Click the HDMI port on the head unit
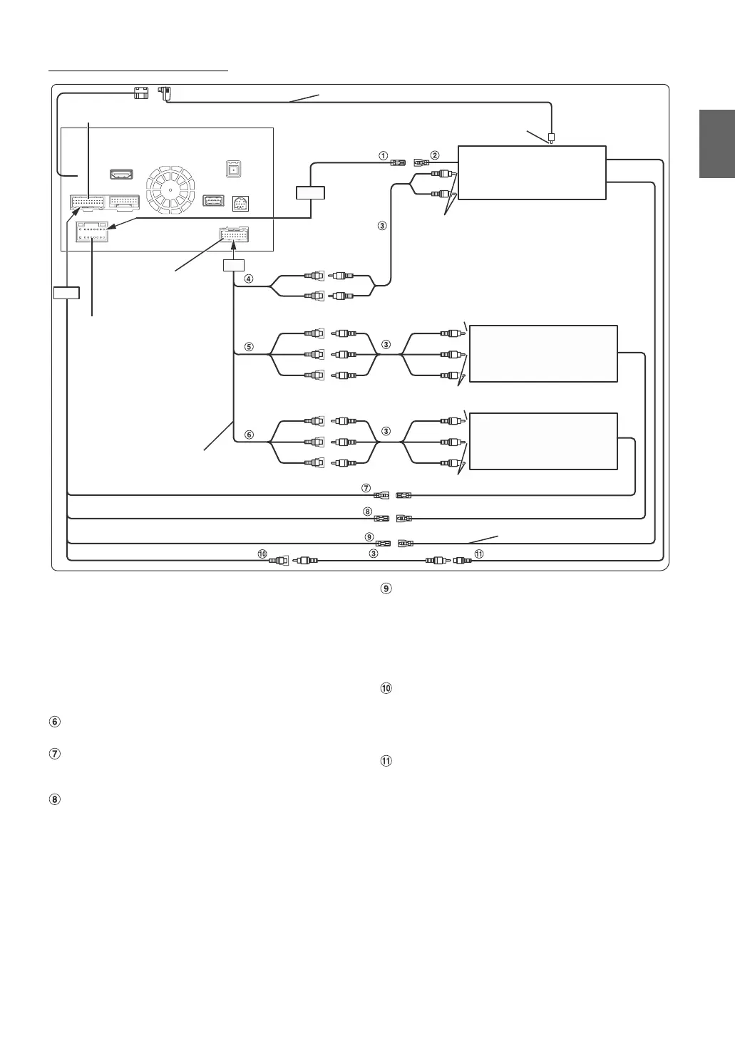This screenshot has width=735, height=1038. tap(121, 175)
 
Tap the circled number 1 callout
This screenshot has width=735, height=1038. tap(383, 155)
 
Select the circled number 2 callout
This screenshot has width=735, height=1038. tap(435, 155)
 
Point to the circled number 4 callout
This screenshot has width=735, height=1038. tap(248, 279)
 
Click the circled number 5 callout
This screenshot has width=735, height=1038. tap(248, 347)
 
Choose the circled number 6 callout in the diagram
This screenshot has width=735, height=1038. tap(248, 435)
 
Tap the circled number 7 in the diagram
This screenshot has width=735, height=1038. tap(366, 489)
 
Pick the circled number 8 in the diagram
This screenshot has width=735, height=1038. tap(366, 511)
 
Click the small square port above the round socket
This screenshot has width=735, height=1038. tap(232, 170)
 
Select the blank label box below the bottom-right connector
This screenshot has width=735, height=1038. tap(234, 265)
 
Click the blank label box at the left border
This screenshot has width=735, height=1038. tap(66, 292)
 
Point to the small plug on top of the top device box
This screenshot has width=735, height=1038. tap(552, 137)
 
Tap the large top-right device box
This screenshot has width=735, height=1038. tap(531, 172)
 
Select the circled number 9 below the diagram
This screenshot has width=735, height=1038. tap(386, 588)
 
